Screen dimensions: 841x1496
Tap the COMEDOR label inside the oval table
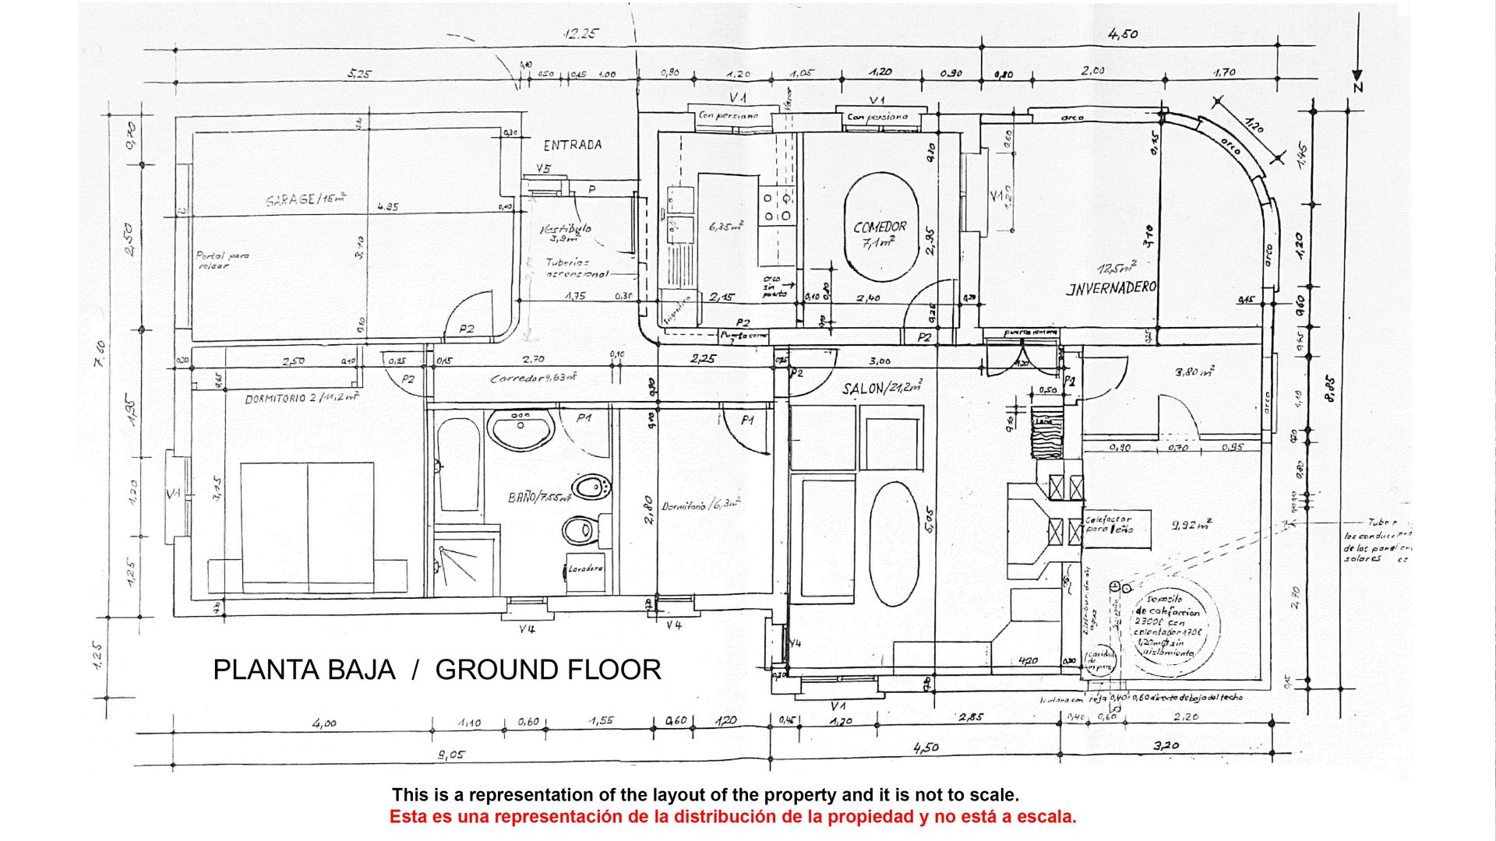[x=880, y=227]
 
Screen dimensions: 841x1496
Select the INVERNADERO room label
[x=1110, y=288]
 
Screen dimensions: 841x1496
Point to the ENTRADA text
[x=572, y=145]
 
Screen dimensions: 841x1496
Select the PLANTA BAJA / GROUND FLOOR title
[x=436, y=670]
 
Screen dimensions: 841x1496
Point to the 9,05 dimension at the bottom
[x=452, y=754]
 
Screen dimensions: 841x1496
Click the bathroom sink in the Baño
[x=520, y=428]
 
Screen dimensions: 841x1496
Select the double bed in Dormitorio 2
[x=323, y=526]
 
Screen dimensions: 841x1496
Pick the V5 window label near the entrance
[x=544, y=169]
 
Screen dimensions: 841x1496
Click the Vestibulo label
[x=566, y=230]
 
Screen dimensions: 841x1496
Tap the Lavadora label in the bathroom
[x=584, y=568]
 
